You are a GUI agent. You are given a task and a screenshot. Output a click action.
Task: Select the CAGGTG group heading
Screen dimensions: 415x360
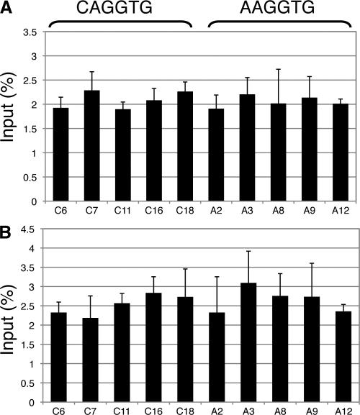(120, 9)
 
